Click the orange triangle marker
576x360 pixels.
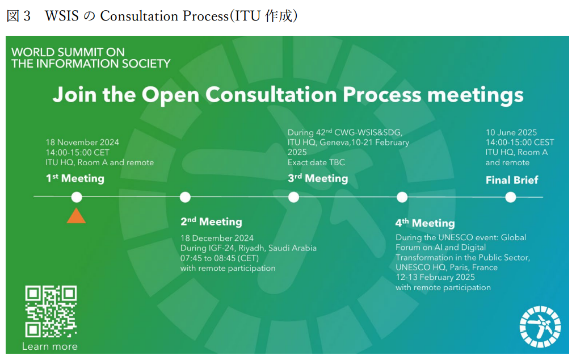pyautogui.click(x=76, y=216)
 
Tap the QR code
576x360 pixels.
pyautogui.click(x=51, y=312)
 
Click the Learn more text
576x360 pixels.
pyautogui.click(x=49, y=346)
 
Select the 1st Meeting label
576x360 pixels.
pyautogui.click(x=75, y=178)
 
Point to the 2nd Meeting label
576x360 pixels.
pyautogui.click(x=211, y=221)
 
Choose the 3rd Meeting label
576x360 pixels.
pyautogui.click(x=318, y=178)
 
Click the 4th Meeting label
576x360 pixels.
pyautogui.click(x=425, y=223)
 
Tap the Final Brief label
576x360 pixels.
pyautogui.click(x=512, y=180)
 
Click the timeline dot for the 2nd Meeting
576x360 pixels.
pyautogui.click(x=185, y=198)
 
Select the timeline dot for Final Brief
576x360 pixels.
pyautogui.click(x=510, y=198)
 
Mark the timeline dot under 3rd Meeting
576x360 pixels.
pyautogui.click(x=293, y=198)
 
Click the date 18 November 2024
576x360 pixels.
pyautogui.click(x=82, y=143)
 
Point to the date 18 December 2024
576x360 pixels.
pyautogui.click(x=217, y=238)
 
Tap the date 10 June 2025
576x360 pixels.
pyautogui.click(x=511, y=132)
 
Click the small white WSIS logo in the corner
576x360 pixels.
pyautogui.click(x=540, y=326)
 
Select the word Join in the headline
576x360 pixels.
pyautogui.click(x=75, y=95)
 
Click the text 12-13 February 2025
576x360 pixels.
pyautogui.click(x=435, y=277)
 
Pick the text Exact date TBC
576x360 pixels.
pyautogui.click(x=316, y=162)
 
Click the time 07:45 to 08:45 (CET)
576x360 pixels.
pyautogui.click(x=219, y=258)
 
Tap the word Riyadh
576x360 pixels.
pyautogui.click(x=251, y=248)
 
